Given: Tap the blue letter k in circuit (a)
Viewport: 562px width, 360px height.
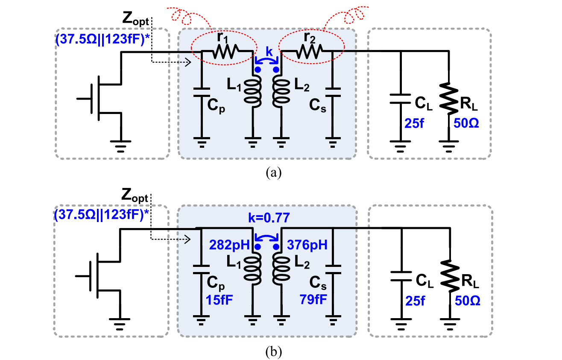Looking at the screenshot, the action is [x=269, y=52].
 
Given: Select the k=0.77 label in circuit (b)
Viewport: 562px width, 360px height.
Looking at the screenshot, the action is [x=269, y=217].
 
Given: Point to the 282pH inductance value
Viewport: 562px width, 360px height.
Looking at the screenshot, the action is [x=229, y=245].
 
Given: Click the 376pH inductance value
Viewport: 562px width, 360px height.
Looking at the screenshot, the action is [x=307, y=245].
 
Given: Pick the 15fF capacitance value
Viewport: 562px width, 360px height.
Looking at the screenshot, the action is [x=219, y=299].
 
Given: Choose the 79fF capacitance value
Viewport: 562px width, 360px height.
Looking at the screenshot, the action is [x=313, y=299].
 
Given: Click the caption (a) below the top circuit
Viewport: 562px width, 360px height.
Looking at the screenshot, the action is [x=273, y=173].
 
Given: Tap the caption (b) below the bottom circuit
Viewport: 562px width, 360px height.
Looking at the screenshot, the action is [x=273, y=352].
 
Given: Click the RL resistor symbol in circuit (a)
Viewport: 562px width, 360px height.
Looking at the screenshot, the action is [x=449, y=99].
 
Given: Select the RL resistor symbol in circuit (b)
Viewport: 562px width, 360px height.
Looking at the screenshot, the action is [x=450, y=276].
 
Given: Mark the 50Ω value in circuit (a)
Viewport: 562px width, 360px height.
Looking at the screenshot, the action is [x=466, y=123].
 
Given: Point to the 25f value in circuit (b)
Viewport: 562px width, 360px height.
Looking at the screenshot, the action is [x=415, y=301].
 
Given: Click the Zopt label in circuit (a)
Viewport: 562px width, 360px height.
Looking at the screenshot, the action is [x=135, y=19].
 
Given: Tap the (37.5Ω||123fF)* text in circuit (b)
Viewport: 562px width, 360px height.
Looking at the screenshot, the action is [x=102, y=215].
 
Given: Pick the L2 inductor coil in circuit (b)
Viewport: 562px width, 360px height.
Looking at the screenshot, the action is [x=281, y=269].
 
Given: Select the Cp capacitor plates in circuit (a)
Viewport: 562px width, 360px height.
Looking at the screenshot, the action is [x=202, y=92].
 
